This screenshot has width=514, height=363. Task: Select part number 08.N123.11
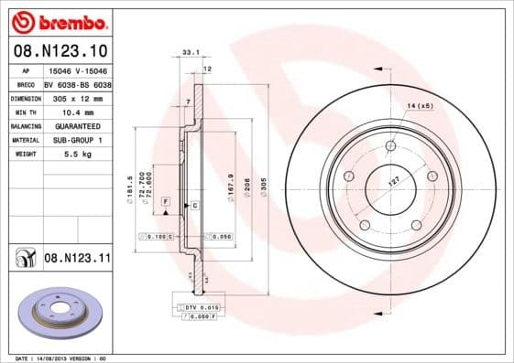point(78,259)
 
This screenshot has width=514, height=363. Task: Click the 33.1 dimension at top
point(191,53)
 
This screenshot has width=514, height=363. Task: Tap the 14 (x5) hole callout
point(419,106)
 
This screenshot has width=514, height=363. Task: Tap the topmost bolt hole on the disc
point(391,144)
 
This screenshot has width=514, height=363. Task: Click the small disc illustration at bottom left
point(61,314)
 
